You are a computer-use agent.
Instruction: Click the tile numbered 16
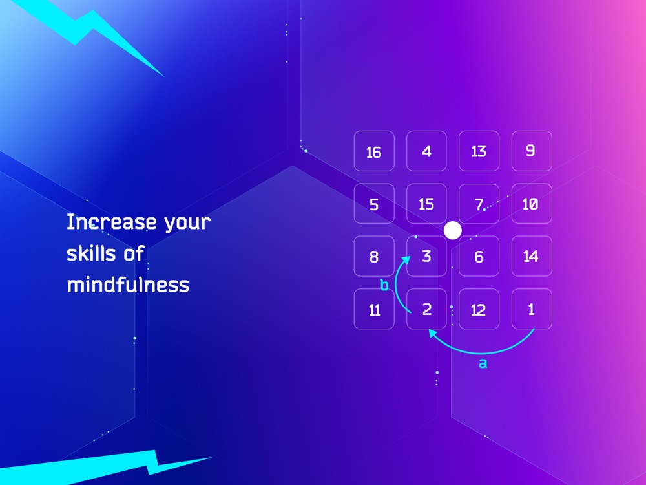click(374, 151)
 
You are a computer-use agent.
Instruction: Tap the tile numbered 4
click(426, 151)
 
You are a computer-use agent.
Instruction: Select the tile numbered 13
click(479, 151)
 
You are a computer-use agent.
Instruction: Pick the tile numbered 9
click(532, 151)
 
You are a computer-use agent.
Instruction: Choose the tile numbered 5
click(374, 204)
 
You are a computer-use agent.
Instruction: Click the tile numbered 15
click(426, 204)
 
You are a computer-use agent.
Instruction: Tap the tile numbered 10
click(532, 204)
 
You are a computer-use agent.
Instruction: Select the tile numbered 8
click(374, 256)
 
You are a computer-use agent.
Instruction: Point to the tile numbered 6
click(479, 256)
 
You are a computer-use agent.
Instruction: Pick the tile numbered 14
click(532, 256)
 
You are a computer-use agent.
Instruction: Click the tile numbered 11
click(374, 309)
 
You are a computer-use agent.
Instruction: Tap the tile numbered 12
click(479, 309)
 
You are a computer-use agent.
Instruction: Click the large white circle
click(453, 230)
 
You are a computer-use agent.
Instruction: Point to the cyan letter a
click(483, 363)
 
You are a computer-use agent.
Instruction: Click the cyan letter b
click(384, 285)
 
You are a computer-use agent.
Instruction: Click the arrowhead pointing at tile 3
click(406, 260)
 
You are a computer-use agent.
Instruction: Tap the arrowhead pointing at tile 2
click(433, 333)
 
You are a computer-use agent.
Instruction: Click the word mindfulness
click(128, 285)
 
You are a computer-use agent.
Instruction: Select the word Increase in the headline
click(112, 222)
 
